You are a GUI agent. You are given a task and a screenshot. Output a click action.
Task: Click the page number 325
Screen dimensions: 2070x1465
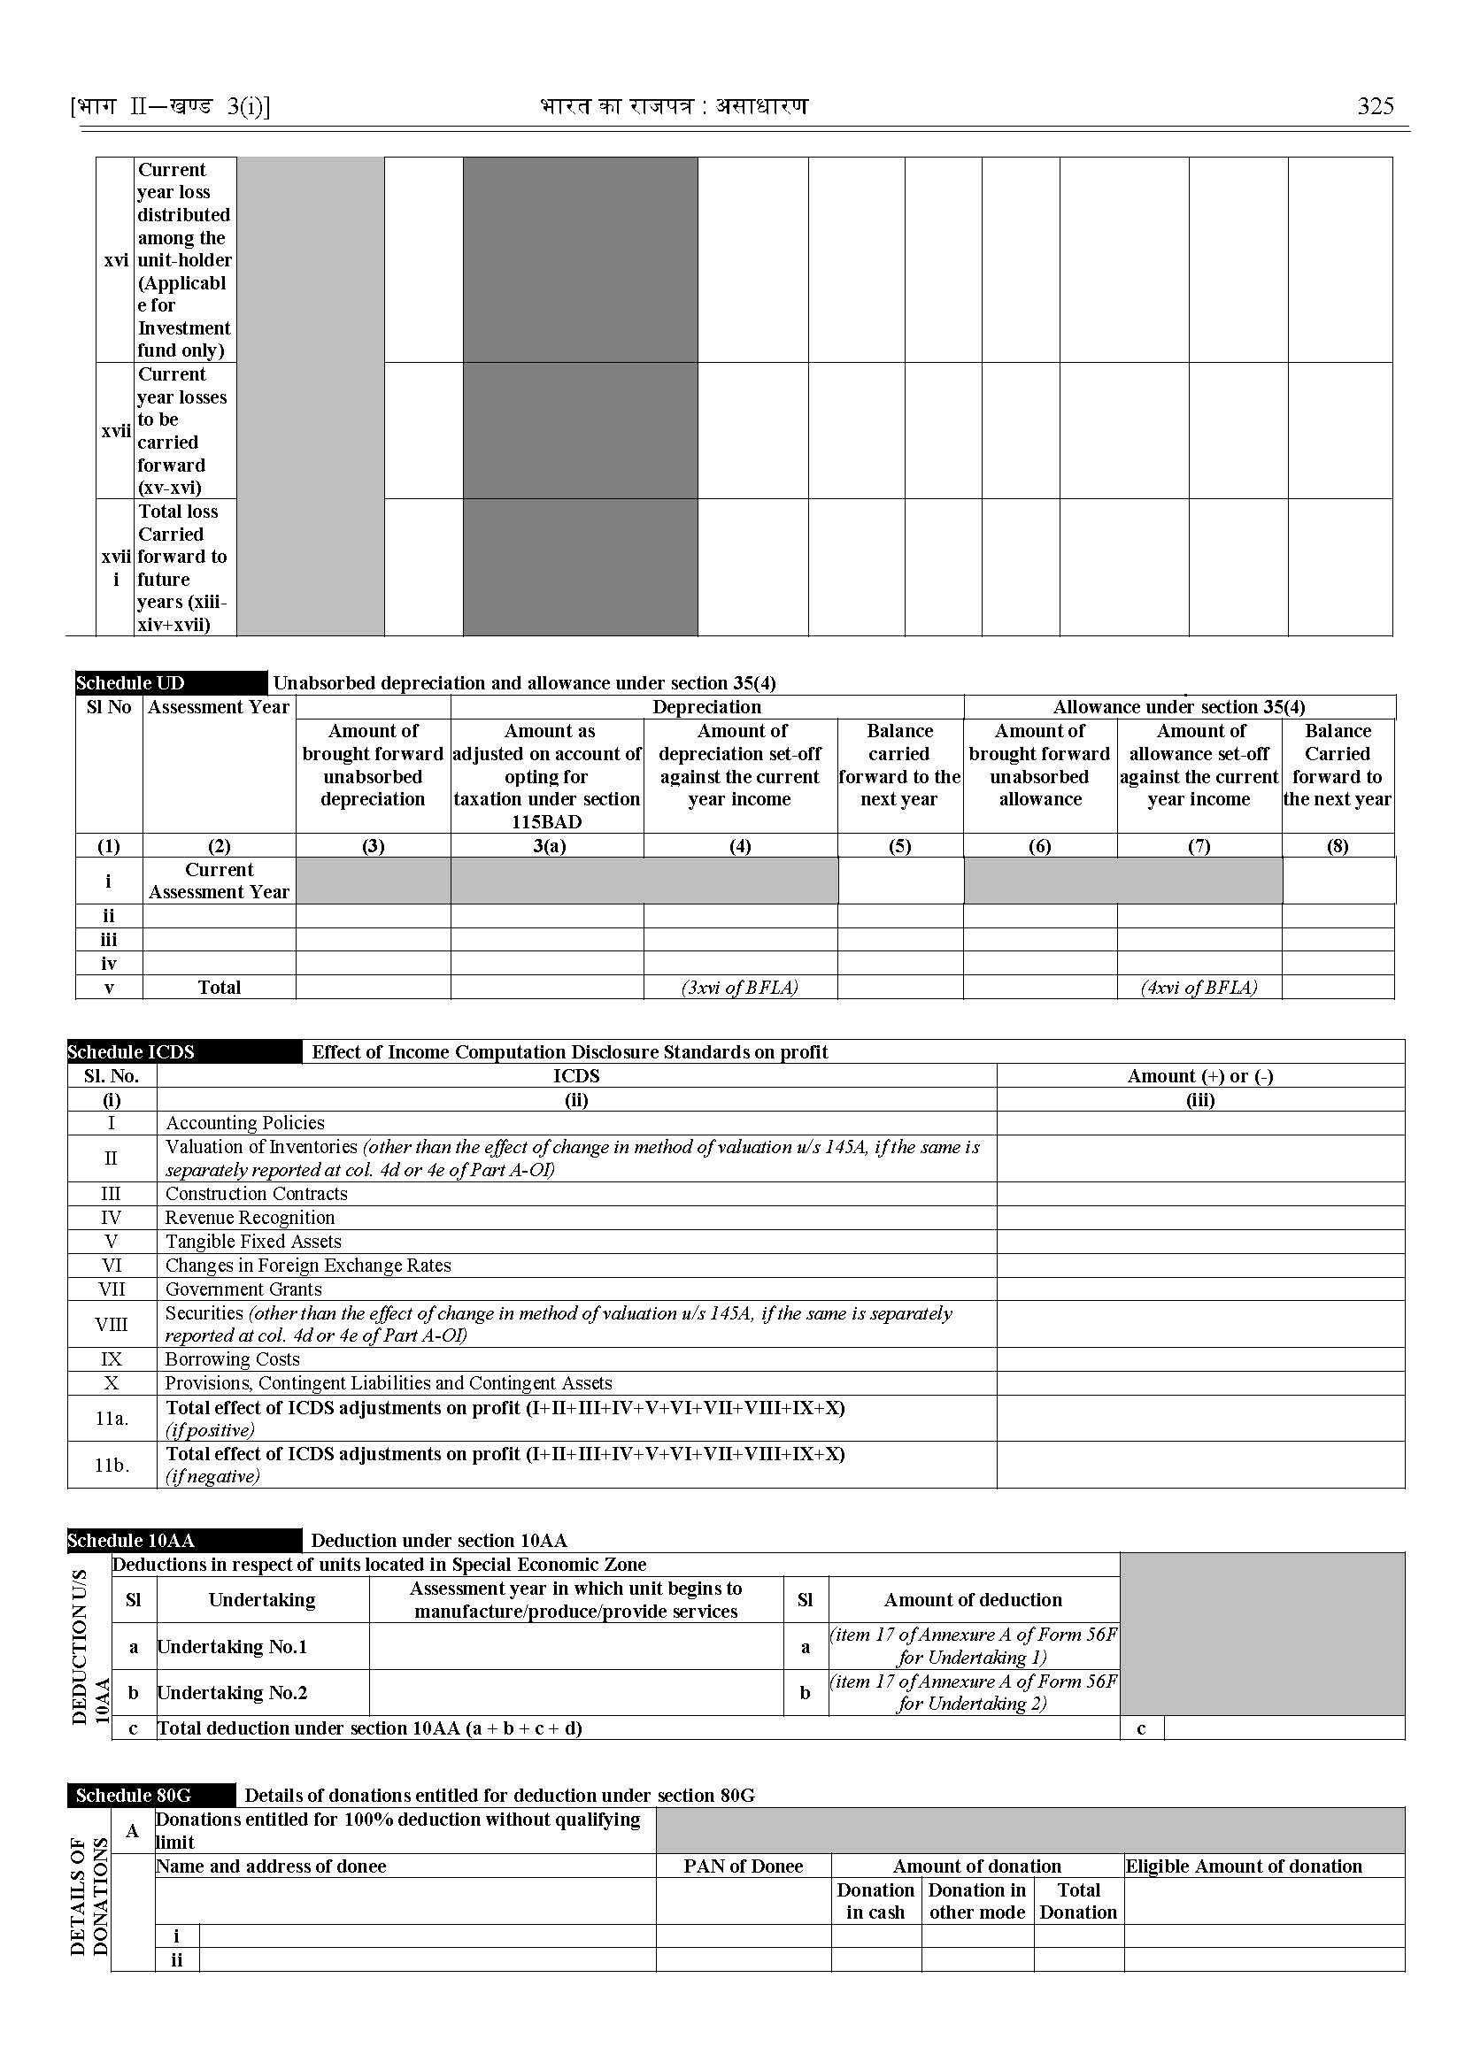[1375, 106]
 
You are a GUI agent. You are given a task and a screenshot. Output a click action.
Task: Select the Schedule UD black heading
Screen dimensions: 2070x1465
[131, 683]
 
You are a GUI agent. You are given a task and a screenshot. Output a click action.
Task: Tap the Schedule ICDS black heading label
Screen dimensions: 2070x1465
[132, 1051]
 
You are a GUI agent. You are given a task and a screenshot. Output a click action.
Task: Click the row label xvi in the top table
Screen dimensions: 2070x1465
[115, 260]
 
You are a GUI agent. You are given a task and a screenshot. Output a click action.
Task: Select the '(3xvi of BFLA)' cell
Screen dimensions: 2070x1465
[740, 987]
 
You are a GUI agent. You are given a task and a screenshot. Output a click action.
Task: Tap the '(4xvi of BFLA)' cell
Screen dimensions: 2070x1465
[1199, 987]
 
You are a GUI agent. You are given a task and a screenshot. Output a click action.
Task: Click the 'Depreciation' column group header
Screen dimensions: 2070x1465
[706, 707]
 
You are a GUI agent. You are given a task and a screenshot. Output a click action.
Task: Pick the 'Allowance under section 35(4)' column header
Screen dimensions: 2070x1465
[1179, 707]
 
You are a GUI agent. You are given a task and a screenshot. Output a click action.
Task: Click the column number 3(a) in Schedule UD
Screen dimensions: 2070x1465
[549, 846]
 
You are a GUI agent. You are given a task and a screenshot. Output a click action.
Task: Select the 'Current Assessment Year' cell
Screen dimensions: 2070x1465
[220, 881]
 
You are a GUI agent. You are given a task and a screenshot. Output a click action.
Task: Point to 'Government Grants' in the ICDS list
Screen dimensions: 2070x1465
[243, 1289]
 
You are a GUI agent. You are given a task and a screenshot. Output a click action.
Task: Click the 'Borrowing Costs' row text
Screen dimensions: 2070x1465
[232, 1359]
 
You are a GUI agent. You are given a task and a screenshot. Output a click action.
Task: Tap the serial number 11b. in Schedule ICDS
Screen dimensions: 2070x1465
[112, 1465]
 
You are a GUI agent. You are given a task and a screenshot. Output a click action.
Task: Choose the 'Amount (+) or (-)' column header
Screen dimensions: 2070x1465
[1199, 1076]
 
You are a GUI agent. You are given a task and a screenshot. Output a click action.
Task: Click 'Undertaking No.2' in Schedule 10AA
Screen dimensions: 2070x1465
[233, 1693]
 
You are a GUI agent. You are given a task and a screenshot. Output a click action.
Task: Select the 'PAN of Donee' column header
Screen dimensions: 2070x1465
[743, 1866]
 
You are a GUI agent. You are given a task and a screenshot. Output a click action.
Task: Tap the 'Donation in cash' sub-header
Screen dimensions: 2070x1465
[875, 1900]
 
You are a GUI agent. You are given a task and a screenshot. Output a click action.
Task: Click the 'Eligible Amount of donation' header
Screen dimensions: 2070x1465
[1243, 1866]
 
